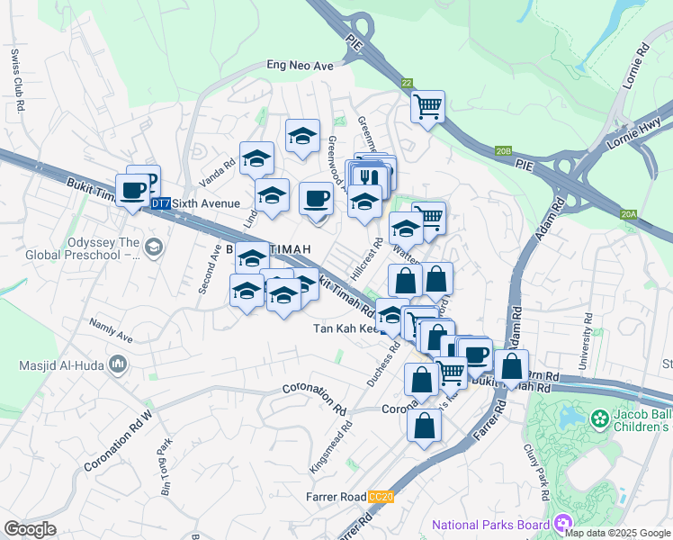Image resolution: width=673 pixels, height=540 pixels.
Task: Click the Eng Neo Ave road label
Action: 301,65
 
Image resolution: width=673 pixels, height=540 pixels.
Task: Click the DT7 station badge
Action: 160,204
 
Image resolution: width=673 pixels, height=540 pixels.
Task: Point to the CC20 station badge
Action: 381,497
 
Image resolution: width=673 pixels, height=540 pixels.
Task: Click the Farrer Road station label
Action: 334,497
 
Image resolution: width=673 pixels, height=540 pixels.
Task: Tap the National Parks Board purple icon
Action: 563,522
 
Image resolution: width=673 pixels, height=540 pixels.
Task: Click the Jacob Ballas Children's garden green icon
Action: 599,418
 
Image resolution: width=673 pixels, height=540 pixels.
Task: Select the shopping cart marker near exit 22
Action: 428,107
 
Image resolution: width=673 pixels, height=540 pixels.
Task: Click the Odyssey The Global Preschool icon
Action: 153,246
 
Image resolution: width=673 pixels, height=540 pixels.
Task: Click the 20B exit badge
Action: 503,152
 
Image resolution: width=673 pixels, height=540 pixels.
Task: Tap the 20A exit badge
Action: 628,214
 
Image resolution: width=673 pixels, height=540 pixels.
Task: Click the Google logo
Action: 30,528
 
